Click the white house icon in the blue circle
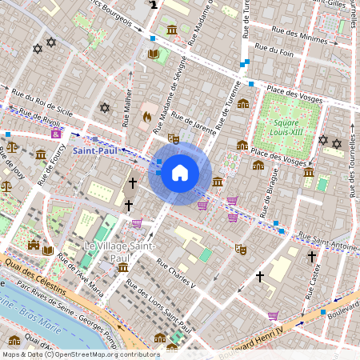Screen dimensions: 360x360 click(180, 173)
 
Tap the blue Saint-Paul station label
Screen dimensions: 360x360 click(94, 150)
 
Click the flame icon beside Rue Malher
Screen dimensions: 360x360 click(146, 117)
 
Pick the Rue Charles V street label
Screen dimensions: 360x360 click(175, 273)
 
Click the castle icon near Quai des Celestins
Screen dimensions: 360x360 click(33, 244)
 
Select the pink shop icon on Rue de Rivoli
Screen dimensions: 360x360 click(55, 134)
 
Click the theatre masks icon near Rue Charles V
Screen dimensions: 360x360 click(239, 250)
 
